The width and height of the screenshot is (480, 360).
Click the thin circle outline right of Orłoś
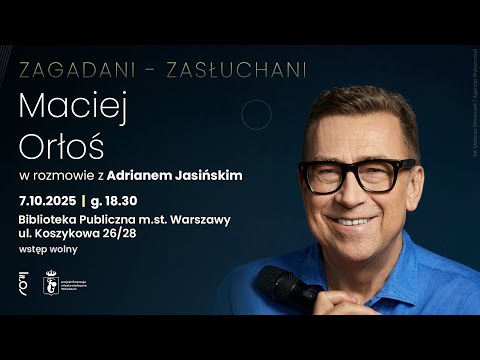pos(256,115)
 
